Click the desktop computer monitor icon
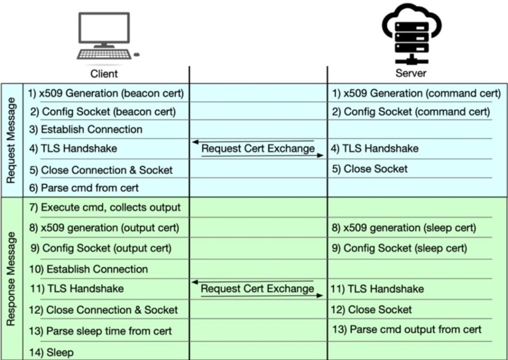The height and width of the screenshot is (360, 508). point(104,30)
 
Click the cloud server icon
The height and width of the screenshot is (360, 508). point(411,33)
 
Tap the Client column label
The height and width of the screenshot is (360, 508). point(104,73)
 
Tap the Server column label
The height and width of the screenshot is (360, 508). point(411,73)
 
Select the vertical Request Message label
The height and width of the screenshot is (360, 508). point(11,141)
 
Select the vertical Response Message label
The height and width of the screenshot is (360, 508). point(11,278)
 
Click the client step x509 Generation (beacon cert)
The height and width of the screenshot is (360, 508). point(106,93)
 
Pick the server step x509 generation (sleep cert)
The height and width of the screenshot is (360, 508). point(404,228)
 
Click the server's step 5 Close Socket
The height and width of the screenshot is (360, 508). point(370,169)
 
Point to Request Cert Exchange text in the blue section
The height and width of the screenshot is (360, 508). point(258,148)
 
